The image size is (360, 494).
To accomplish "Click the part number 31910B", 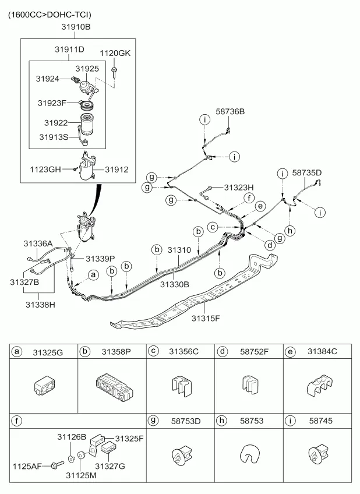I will pyautogui.click(x=76, y=27).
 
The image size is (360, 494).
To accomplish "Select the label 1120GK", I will pyautogui.click(x=115, y=54).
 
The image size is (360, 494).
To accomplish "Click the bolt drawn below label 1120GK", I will pyautogui.click(x=115, y=72).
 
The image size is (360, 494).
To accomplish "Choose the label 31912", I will pyautogui.click(x=117, y=170).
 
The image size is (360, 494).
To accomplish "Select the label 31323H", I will pyautogui.click(x=239, y=188).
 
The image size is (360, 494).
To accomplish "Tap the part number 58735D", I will pyautogui.click(x=306, y=173).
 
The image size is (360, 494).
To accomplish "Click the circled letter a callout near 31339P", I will pyautogui.click(x=92, y=274).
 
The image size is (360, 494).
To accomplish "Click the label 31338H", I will pyautogui.click(x=40, y=303).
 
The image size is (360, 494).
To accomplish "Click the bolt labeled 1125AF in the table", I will pyautogui.click(x=57, y=464).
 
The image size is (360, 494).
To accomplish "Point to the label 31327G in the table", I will pyautogui.click(x=110, y=465).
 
